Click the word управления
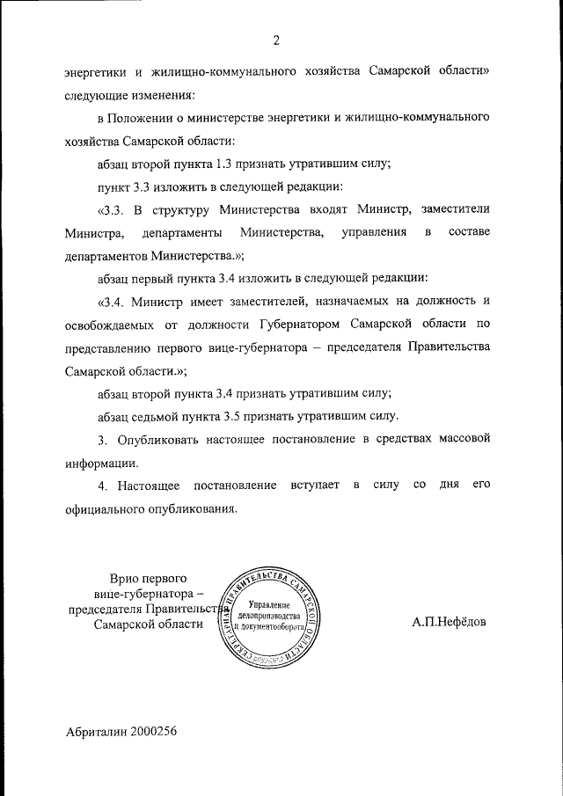pyautogui.click(x=376, y=232)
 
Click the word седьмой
pyautogui.click(x=161, y=415)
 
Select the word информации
pyautogui.click(x=101, y=461)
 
